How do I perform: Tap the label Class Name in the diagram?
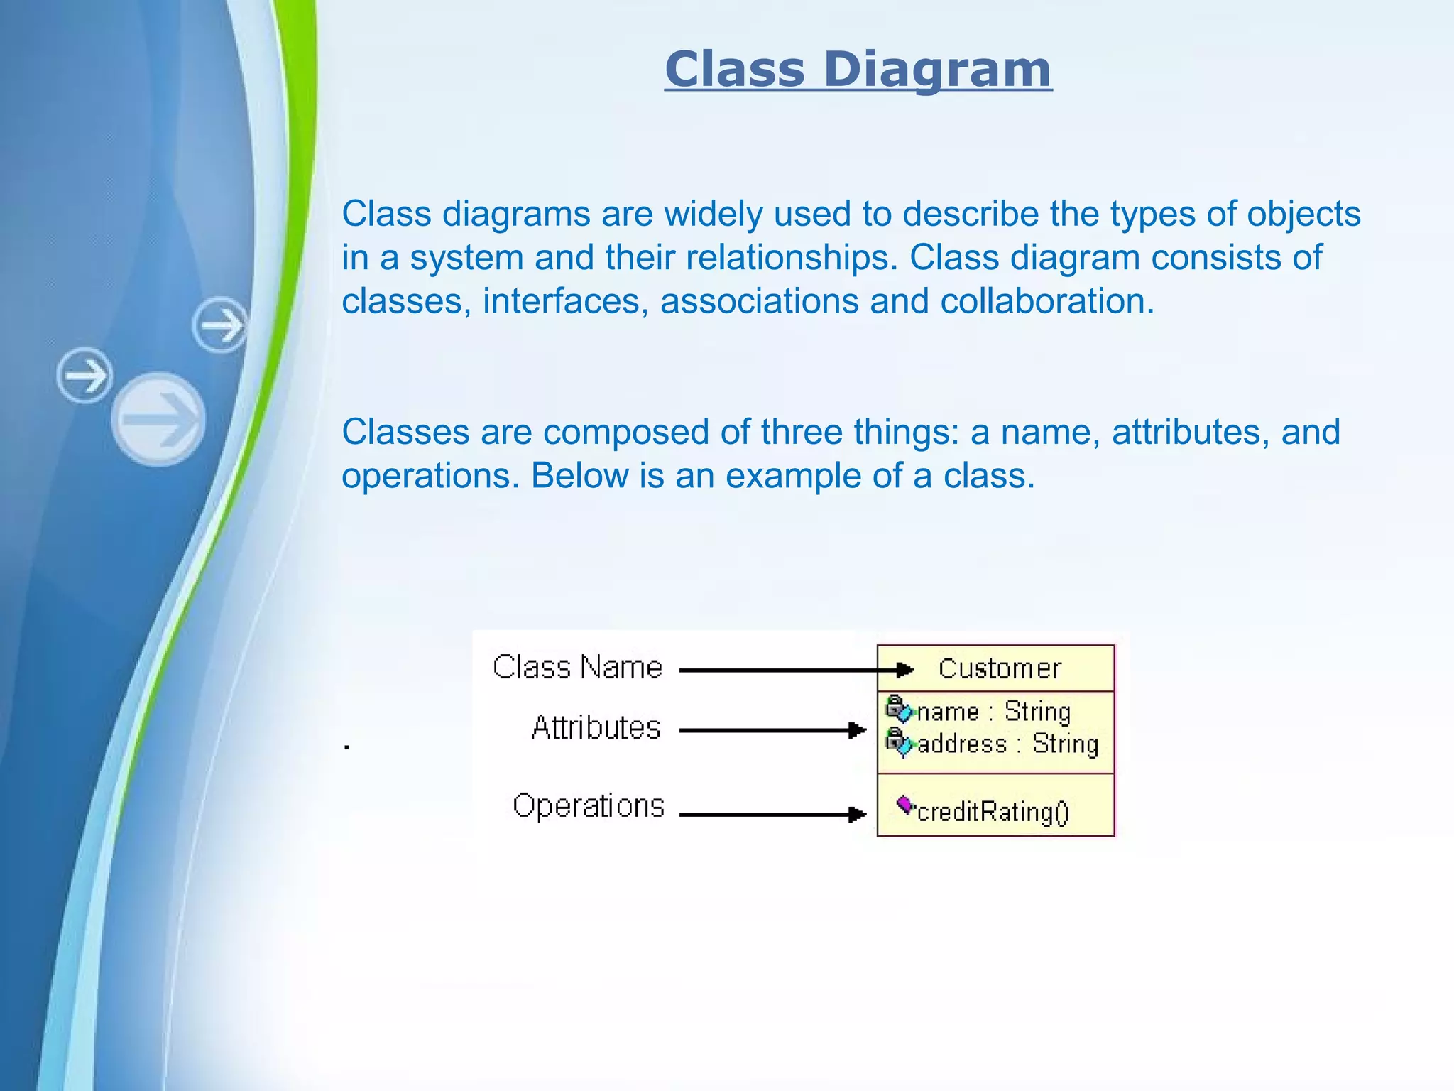click(577, 668)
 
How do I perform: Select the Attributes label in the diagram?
click(596, 728)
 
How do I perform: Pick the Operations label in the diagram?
click(589, 806)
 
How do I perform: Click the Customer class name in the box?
click(999, 669)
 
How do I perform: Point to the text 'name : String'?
click(994, 712)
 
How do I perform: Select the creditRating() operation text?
click(993, 812)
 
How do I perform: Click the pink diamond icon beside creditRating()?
click(904, 805)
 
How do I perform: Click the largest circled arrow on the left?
click(158, 419)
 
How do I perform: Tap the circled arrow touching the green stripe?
click(221, 325)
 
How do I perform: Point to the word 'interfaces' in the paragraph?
click(565, 301)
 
